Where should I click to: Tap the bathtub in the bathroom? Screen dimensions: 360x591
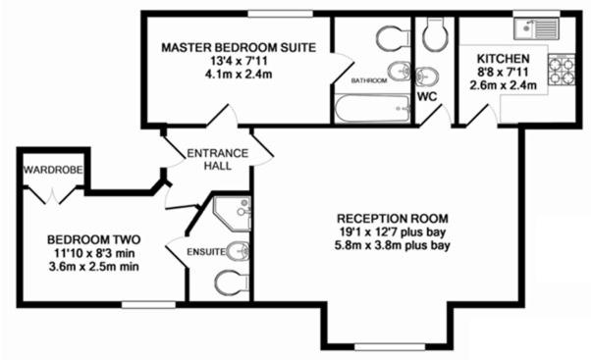coord(370,108)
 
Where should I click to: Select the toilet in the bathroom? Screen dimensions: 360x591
coord(393,39)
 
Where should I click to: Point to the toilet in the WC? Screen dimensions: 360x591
coord(433,36)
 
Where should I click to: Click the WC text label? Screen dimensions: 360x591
coord(427,98)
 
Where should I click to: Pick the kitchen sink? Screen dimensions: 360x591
coord(536,29)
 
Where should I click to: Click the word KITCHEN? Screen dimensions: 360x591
coord(505,58)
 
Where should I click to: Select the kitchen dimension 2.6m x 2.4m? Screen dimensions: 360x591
coord(505,85)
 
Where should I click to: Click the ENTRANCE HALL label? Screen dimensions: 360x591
coord(211,159)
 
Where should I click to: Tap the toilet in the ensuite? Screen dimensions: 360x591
coord(233,282)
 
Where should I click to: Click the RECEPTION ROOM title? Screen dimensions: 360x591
coord(392,217)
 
